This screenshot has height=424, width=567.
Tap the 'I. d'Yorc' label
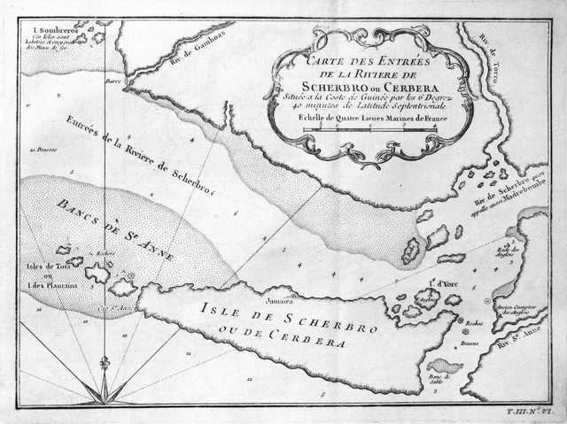[x=430, y=285]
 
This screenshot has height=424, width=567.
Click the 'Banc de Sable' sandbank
[x=443, y=366]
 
